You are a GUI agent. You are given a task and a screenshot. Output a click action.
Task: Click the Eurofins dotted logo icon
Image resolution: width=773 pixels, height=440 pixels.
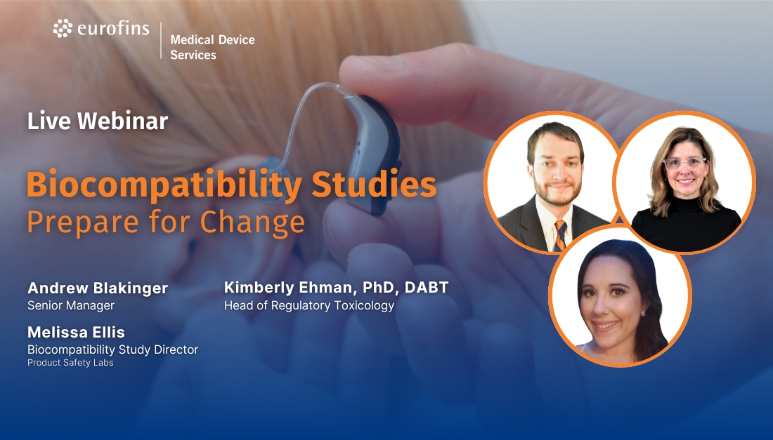click(63, 29)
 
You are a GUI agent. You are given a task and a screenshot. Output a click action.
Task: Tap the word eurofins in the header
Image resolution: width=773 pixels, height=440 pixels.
click(113, 29)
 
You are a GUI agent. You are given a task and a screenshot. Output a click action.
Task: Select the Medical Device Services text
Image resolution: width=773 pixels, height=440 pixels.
click(212, 47)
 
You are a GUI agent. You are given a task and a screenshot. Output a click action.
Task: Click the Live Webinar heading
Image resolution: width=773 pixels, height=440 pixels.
click(98, 121)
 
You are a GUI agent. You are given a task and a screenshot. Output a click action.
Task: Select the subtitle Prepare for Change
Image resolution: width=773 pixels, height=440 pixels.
click(166, 222)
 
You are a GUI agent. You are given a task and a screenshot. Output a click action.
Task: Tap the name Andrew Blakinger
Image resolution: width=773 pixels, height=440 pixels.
click(98, 288)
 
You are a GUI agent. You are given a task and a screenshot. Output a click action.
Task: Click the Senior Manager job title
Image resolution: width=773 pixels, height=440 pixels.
click(71, 306)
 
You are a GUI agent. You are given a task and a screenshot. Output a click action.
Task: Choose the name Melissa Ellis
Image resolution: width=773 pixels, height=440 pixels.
click(76, 332)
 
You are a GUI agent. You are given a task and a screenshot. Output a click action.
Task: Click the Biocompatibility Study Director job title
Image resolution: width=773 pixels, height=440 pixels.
click(113, 350)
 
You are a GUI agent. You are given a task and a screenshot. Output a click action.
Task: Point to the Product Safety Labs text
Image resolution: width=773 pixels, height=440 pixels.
click(70, 363)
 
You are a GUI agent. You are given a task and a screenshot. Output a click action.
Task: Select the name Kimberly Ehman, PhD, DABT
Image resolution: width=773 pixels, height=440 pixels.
click(336, 288)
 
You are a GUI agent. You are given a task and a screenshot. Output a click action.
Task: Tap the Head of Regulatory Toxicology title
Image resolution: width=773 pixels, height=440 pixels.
click(309, 306)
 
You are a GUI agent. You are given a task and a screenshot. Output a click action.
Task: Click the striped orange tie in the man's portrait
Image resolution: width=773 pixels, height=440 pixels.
click(561, 235)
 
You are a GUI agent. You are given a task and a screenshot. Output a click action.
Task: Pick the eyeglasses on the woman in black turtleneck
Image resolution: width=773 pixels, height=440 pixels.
click(685, 164)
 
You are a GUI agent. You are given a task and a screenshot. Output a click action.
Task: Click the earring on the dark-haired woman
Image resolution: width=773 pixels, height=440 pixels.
click(642, 313)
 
